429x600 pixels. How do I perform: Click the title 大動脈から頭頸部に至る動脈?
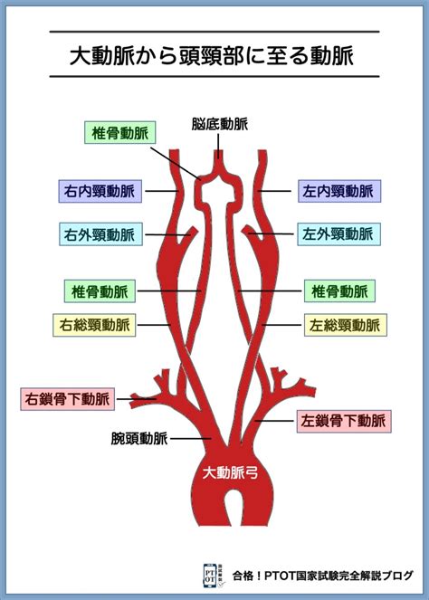(x=212, y=55)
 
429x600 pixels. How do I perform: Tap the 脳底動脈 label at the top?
(x=219, y=124)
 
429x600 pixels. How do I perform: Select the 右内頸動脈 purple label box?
(x=100, y=191)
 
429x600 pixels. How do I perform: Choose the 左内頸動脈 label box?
(x=339, y=191)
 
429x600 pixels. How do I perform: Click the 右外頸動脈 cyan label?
(x=100, y=234)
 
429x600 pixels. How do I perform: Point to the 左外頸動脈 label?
(x=339, y=233)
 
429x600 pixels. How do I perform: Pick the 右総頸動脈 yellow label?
(x=94, y=325)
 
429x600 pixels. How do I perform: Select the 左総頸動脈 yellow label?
(x=345, y=325)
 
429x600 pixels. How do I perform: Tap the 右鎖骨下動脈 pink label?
(x=67, y=399)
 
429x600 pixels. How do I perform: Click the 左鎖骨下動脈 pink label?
(x=344, y=422)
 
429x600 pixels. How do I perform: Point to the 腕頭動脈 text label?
(x=139, y=438)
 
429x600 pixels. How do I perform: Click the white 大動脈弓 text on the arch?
(x=231, y=473)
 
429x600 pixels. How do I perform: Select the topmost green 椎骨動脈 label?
(x=119, y=133)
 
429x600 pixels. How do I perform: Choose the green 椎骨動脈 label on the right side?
(x=339, y=291)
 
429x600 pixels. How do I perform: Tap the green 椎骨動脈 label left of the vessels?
(x=100, y=291)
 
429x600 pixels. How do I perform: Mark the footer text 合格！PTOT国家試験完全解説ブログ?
(x=323, y=576)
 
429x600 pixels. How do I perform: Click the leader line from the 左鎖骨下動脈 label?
(x=274, y=421)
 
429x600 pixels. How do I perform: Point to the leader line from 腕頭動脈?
(x=191, y=439)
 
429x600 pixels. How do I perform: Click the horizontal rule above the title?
(x=214, y=32)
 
